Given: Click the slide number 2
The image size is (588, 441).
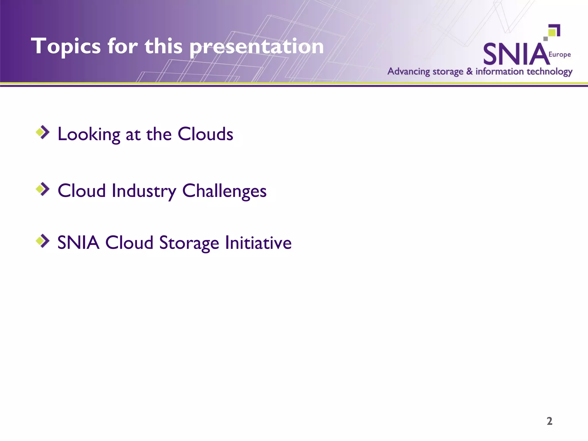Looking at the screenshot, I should pos(549,421).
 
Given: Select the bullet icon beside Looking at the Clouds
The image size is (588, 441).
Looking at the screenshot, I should pos(43,132).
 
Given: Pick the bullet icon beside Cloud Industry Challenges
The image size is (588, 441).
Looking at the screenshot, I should pos(43,189).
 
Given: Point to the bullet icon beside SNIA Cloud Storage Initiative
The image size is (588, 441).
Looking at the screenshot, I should pos(43,241).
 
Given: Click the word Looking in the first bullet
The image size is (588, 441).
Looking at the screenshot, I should pos(89,134).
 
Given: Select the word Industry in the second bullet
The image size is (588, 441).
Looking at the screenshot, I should pos(144,191).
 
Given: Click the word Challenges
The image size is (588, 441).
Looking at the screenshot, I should pos(224,191).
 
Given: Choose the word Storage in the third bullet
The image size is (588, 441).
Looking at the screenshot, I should pos(189,243).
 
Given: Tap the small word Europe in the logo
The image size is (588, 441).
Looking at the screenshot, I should pos(559,55).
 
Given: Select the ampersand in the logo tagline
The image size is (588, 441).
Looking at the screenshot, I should pos(469,71).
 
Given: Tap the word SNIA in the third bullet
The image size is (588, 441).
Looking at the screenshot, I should pos(78,243).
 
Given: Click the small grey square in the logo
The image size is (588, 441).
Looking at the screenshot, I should pos(546,39).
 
